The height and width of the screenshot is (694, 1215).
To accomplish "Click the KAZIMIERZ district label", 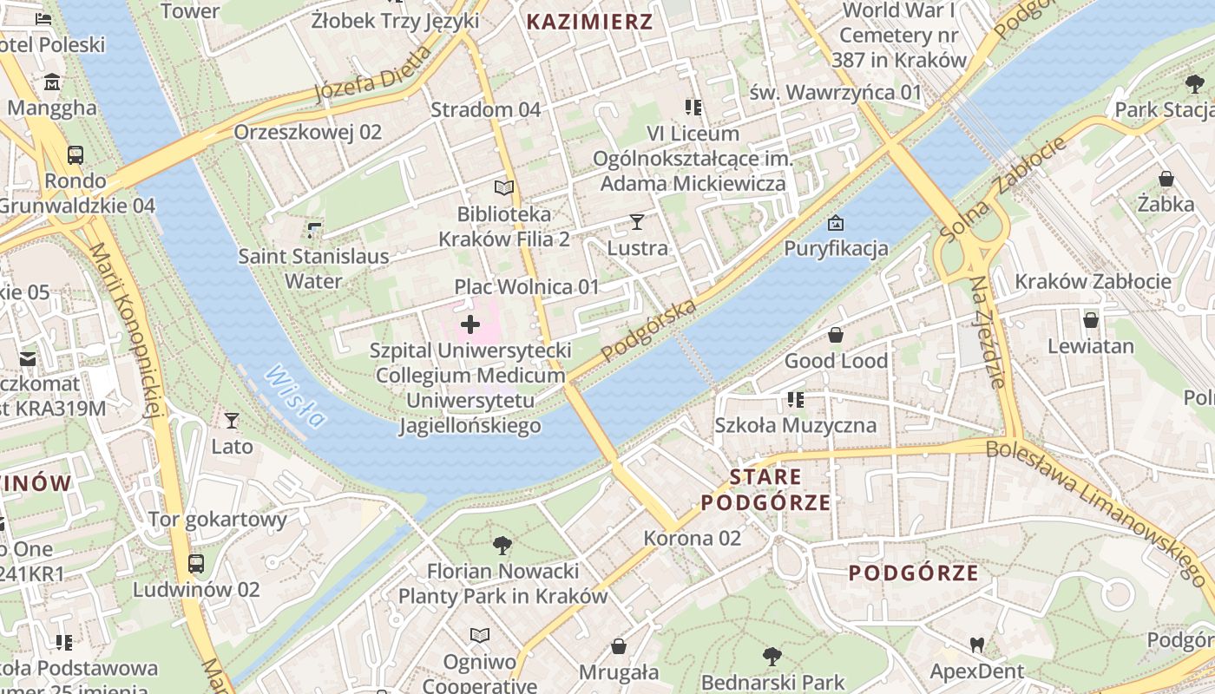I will point(589,23).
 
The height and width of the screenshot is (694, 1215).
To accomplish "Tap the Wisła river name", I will point(295,396).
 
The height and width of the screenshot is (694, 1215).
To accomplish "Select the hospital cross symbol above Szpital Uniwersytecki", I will point(470,325).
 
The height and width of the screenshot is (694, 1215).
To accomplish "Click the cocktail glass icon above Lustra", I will point(637,222).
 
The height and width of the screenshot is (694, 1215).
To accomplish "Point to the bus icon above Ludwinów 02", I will point(196,564).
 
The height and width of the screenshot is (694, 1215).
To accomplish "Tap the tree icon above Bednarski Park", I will point(772,656).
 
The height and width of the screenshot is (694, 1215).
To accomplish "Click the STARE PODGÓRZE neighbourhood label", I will point(765,489).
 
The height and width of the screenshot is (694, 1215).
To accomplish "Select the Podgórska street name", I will point(648,331).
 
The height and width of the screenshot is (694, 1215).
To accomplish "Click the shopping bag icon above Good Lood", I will point(836,335).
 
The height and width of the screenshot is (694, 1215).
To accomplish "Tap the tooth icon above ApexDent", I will point(977,645).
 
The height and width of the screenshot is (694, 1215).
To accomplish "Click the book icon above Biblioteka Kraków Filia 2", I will point(504,187).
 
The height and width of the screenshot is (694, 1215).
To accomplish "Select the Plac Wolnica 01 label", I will point(527,286).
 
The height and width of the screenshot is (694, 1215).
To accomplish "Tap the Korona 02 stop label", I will point(692,538).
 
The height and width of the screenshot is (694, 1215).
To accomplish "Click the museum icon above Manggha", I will point(52,82).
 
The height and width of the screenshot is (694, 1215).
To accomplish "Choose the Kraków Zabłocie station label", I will point(1093,281).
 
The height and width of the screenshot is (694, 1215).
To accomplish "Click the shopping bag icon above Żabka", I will point(1166,179).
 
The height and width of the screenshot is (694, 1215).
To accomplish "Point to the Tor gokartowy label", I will point(218,520).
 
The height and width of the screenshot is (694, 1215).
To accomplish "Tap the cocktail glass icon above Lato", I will point(232,421).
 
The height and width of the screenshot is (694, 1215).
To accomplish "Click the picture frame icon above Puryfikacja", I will point(836,223).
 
